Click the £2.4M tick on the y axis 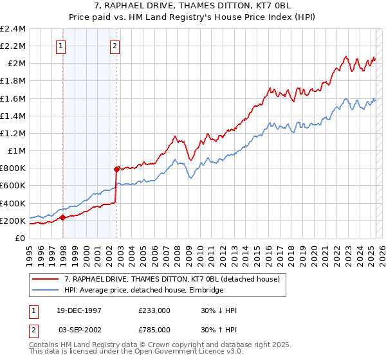[14, 29]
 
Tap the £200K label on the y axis [14, 221]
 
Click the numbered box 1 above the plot [60, 46]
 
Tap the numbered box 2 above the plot [115, 46]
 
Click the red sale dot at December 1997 [63, 218]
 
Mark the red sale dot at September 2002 [117, 170]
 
